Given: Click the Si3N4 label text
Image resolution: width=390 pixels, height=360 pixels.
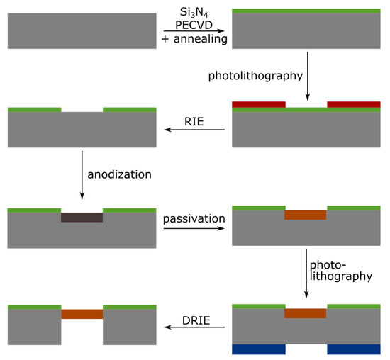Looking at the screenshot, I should click(194, 10).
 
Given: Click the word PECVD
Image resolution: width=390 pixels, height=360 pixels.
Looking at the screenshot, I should click(194, 24).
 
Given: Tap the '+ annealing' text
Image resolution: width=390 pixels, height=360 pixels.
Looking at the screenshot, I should click(194, 39).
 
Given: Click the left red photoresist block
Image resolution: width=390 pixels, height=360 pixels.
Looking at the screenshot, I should click(259, 104).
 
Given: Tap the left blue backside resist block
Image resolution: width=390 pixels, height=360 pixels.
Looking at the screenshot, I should click(259, 349).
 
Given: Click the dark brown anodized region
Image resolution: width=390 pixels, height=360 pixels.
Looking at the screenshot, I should click(82, 217).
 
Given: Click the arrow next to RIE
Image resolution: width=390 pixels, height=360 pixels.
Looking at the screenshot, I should click(194, 130).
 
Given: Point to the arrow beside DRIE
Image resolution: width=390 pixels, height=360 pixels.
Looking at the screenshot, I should click(194, 328).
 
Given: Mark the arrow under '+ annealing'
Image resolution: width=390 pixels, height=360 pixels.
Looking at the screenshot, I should click(194, 31).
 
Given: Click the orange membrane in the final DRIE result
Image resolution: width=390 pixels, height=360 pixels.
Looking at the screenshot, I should click(82, 313).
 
